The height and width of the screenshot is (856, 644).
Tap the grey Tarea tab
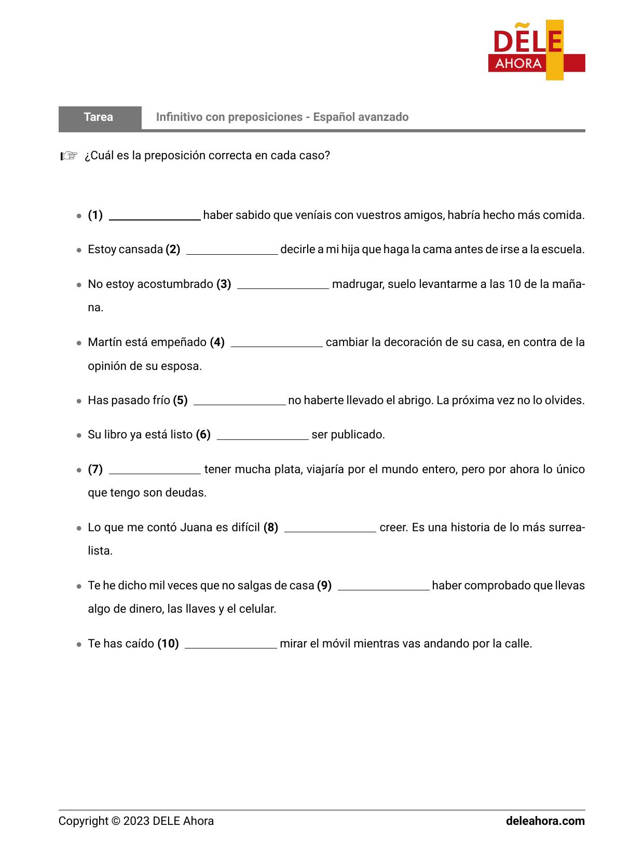(x=99, y=117)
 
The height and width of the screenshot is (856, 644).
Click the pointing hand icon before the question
(x=68, y=156)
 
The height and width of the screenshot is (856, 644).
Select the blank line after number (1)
(x=155, y=216)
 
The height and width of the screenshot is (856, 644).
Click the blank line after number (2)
(x=232, y=250)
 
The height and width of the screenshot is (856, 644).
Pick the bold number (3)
(x=224, y=284)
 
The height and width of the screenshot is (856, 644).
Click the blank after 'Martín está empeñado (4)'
(x=277, y=343)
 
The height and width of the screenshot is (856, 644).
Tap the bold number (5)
(x=180, y=401)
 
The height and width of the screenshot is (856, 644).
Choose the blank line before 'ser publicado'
(x=263, y=435)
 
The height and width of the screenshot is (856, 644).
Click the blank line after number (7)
(x=155, y=470)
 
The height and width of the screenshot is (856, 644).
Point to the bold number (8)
(x=271, y=528)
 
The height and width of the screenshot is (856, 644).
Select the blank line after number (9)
(x=383, y=586)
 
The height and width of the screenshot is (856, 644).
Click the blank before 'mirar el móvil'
(x=231, y=644)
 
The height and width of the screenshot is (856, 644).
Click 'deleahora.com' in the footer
(x=545, y=821)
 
